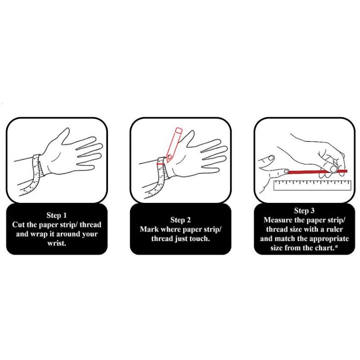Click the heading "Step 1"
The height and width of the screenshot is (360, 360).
point(57,216)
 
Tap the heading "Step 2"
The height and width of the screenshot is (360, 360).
point(180,220)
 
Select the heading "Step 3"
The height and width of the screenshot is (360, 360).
point(304,211)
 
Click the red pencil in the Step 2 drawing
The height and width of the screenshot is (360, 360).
point(174,144)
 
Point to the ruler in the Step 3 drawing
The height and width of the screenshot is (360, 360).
point(312,185)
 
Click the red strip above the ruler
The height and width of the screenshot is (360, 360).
point(317,171)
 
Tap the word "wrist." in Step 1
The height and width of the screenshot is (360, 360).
point(57,243)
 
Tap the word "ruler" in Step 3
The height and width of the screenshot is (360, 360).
point(334,229)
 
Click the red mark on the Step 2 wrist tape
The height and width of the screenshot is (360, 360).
point(160,164)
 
